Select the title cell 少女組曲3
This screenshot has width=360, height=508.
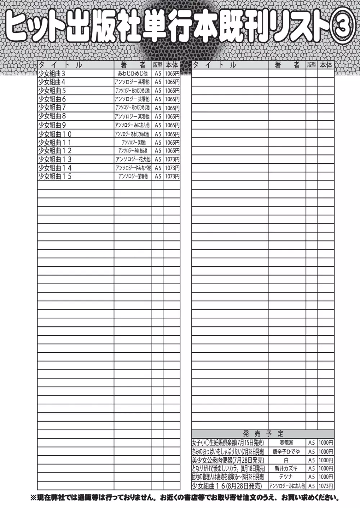pos(52,74)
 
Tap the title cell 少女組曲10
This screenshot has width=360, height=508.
pos(55,134)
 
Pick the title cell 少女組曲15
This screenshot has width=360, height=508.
pos(55,176)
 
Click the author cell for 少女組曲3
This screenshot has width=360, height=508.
pos(133,74)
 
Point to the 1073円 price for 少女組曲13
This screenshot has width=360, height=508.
pos(172,159)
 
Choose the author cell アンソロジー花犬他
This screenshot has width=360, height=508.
pos(133,159)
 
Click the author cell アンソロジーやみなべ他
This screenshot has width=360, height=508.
pos(133,168)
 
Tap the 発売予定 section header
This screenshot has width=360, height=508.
pos(263,434)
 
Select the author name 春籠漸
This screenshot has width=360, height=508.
pos(287,443)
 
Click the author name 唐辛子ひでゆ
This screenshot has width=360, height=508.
pos(287,452)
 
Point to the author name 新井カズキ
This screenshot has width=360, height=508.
pos(287,468)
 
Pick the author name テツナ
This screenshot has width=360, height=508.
pos(287,477)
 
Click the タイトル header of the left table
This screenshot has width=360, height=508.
pos(60,65)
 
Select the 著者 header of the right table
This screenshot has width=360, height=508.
pos(287,65)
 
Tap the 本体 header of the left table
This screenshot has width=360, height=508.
pos(172,65)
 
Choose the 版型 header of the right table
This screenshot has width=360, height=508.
pos(311,65)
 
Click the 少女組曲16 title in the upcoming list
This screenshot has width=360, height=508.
pos(227,486)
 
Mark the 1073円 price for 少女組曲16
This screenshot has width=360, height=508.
pos(326,486)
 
